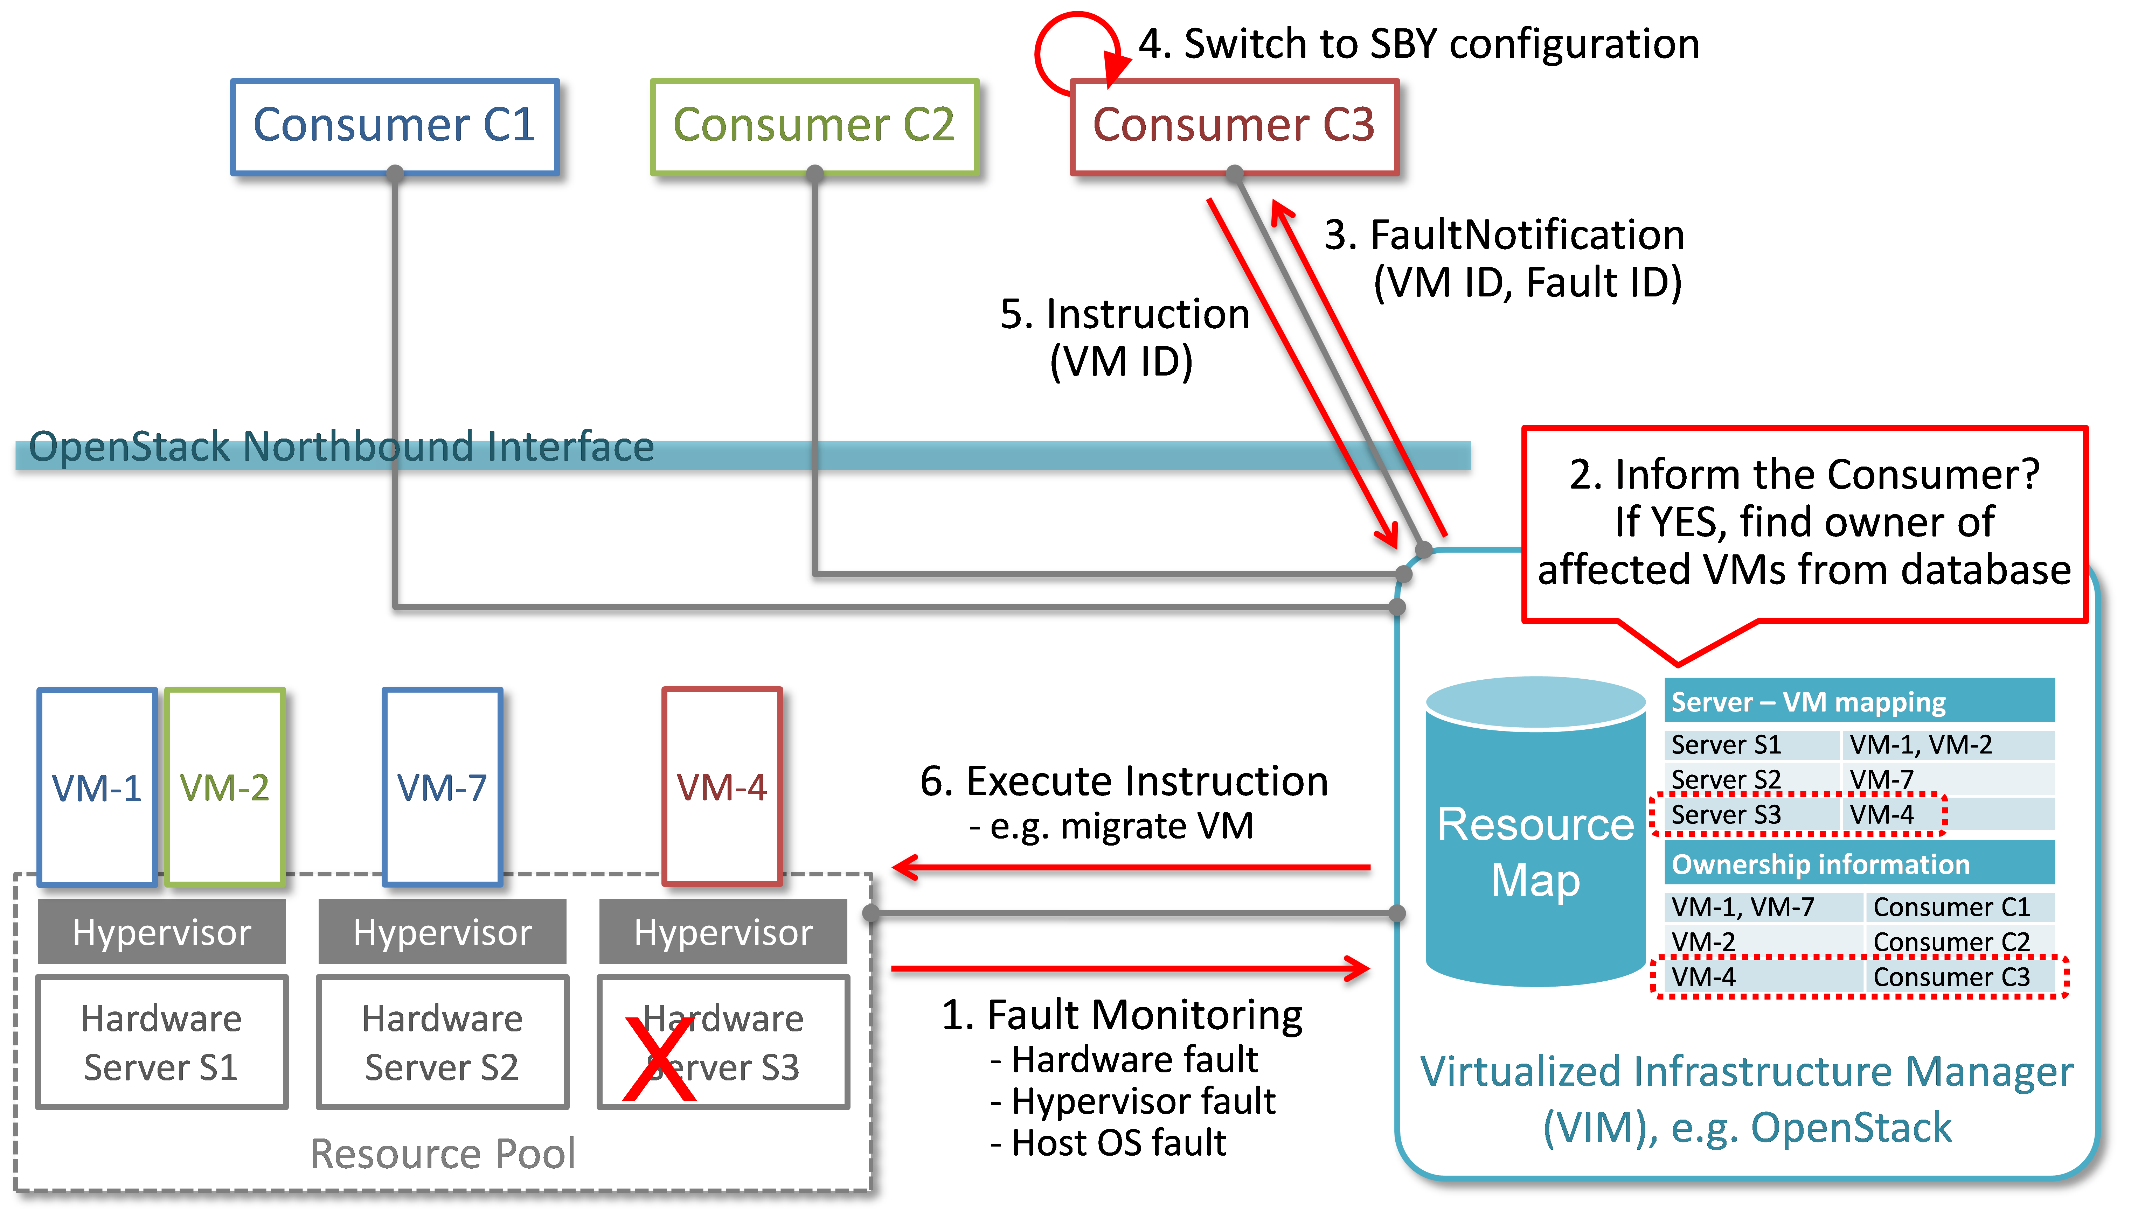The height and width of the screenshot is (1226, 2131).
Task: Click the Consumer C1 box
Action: [x=395, y=126]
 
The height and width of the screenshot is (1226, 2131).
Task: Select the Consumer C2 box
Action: [x=814, y=126]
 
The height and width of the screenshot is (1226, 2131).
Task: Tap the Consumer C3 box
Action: [x=1234, y=126]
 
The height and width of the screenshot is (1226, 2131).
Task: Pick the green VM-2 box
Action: [x=225, y=787]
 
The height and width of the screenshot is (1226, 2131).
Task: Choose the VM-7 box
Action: [x=442, y=787]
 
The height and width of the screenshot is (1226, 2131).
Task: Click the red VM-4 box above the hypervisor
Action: [x=722, y=787]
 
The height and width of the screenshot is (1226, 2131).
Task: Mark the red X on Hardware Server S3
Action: [x=660, y=1059]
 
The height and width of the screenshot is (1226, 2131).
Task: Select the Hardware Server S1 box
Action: [x=162, y=1043]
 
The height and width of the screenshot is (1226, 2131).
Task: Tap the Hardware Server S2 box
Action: [x=442, y=1043]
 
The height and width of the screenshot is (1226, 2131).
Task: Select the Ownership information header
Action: [x=1859, y=864]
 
